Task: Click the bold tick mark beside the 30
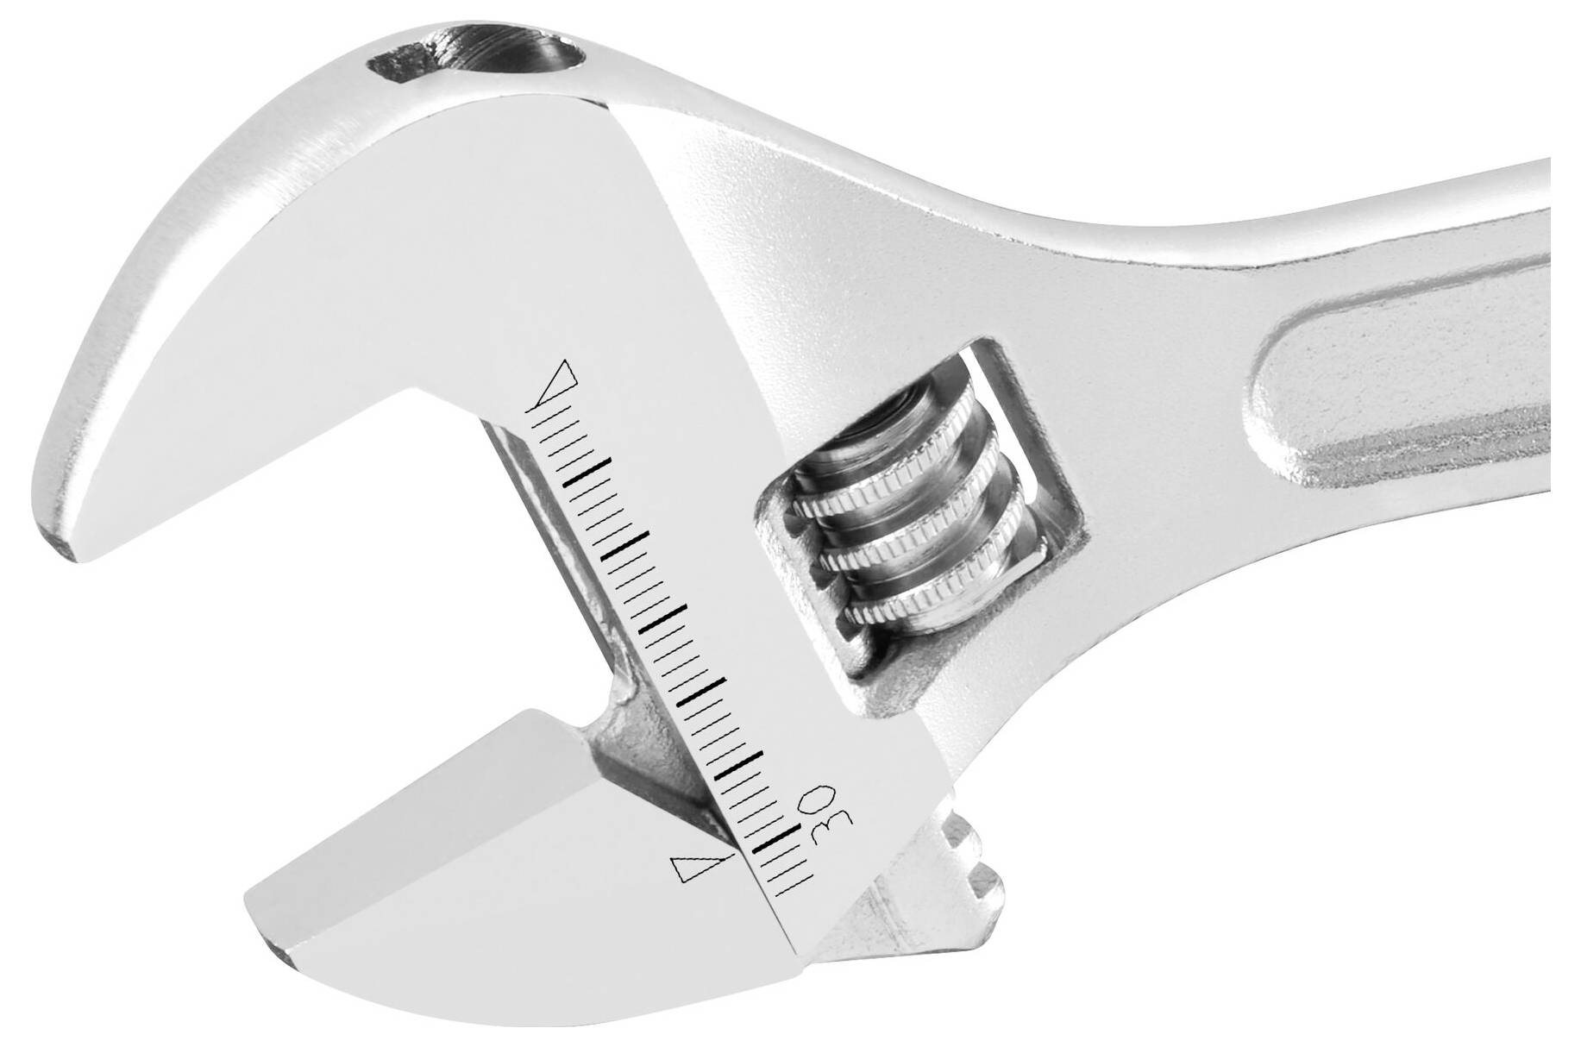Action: pyautogui.click(x=775, y=839)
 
